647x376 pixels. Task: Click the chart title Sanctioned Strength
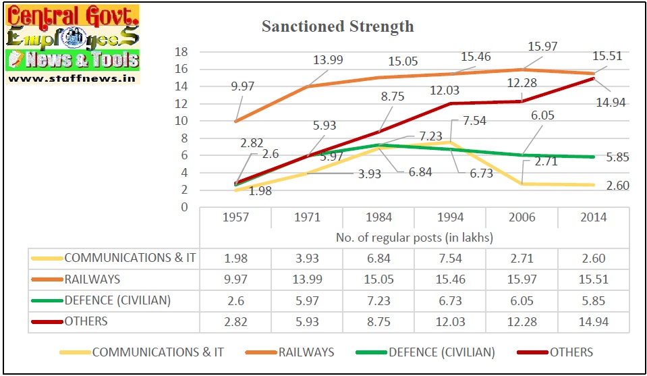[x=337, y=27]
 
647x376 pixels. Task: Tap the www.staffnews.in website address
[x=72, y=78]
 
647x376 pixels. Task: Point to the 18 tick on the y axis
[x=180, y=52]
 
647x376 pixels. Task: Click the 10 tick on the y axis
[x=180, y=121]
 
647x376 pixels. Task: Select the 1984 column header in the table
[x=378, y=217]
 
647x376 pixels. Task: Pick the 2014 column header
[x=594, y=217]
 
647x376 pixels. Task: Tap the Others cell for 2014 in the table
[x=594, y=322]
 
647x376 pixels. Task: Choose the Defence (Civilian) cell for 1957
[x=235, y=301]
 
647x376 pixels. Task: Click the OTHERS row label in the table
[x=86, y=321]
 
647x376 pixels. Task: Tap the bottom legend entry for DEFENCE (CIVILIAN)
[x=441, y=352]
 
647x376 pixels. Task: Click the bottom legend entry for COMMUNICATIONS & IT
[x=158, y=352]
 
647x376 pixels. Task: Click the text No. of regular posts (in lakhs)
[x=414, y=238]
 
